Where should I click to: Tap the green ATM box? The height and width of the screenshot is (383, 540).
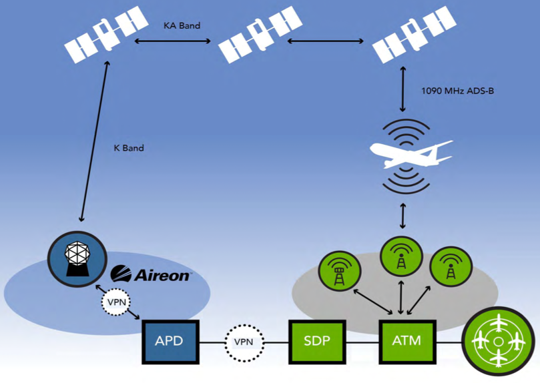pos(407,340)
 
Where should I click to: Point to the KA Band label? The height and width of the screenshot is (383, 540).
pos(182,25)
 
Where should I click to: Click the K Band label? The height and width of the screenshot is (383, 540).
pos(129,147)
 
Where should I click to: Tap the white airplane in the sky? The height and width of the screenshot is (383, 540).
pos(410,155)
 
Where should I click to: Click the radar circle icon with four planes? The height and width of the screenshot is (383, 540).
pos(497,340)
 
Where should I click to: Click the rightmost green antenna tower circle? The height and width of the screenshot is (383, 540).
pos(451,268)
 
